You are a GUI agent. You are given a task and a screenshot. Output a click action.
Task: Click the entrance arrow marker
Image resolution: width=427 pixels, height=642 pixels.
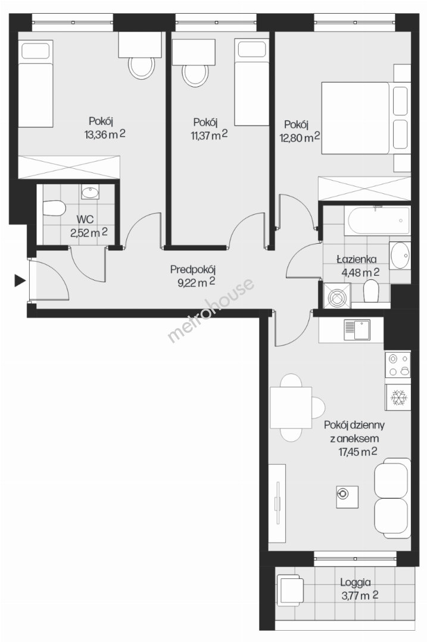[x=20, y=281]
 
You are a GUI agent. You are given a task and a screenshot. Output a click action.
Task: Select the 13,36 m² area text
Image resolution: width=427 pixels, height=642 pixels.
[x=105, y=135]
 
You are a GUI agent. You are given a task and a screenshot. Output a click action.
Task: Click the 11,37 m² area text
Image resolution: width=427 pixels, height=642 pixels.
[x=209, y=136]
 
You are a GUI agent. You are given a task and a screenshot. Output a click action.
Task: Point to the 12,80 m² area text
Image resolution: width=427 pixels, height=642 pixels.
[x=300, y=137]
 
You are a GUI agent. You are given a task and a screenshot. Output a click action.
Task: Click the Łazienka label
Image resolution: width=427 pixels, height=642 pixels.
[x=357, y=259]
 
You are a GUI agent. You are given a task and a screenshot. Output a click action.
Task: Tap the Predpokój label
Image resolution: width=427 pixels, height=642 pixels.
[x=193, y=270]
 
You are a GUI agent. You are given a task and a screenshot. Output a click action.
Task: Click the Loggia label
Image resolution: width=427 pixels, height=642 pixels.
[x=355, y=582]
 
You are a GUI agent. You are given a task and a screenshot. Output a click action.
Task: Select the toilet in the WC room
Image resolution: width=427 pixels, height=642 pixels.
[x=54, y=209]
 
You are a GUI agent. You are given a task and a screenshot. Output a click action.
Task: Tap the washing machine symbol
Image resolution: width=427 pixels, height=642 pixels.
[x=337, y=295]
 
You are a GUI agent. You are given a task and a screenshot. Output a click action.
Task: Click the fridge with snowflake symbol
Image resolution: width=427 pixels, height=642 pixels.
[x=397, y=397]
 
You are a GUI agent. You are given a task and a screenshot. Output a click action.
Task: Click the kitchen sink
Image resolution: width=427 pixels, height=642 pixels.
[x=357, y=330]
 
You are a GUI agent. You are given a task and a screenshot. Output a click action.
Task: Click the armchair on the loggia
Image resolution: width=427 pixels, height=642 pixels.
[x=291, y=590]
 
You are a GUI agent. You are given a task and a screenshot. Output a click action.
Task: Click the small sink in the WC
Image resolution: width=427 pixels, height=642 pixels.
[x=90, y=192]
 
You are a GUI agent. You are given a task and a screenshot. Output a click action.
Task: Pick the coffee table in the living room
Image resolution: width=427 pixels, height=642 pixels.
[x=347, y=497]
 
